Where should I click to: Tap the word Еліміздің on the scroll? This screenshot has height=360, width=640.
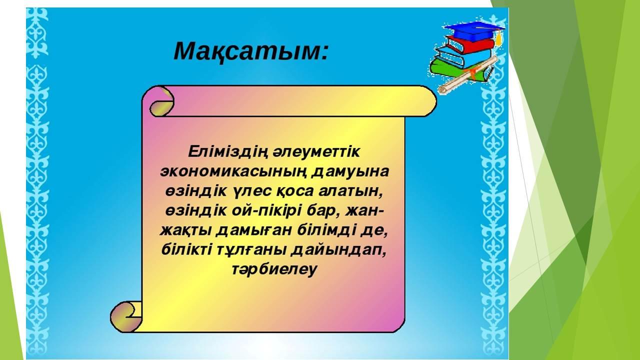(x=227, y=152)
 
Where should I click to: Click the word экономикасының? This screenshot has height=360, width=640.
(x=233, y=171)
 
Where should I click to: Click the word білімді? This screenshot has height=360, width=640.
(x=326, y=230)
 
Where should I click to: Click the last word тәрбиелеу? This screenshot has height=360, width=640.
(x=274, y=269)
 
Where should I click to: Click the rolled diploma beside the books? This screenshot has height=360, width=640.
(x=468, y=75)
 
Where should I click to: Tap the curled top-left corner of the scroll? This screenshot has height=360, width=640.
(x=161, y=101)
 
